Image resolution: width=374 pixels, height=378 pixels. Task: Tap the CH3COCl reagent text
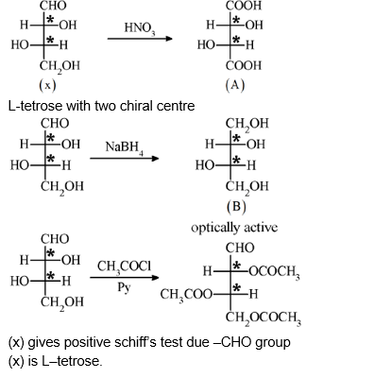click(x=125, y=267)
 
